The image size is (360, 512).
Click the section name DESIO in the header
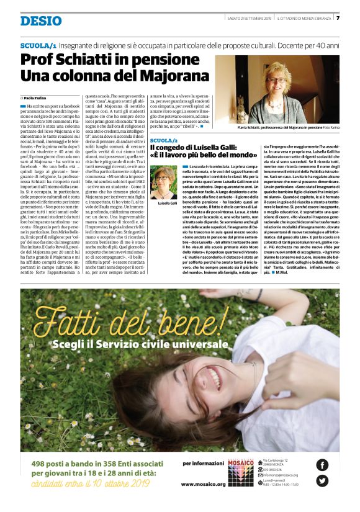[41, 20]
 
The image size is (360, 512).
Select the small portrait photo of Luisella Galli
[164, 182]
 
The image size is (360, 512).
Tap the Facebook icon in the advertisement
[322, 464]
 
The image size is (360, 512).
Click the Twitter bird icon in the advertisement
[322, 480]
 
